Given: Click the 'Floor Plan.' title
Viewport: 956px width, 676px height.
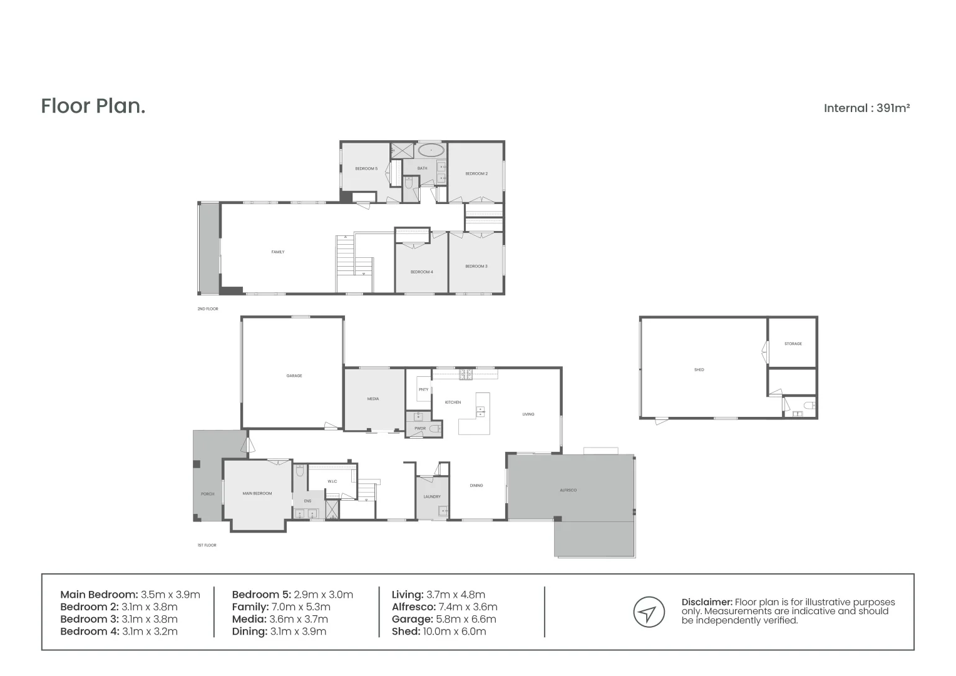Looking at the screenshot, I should pos(93,106).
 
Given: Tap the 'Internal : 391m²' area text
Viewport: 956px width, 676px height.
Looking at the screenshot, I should pos(866,108).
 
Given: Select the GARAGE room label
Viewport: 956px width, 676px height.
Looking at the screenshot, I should pos(294,376).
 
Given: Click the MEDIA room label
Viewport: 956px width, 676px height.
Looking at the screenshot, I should pos(373,399).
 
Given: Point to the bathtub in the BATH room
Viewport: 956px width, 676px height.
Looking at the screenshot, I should pos(431,151).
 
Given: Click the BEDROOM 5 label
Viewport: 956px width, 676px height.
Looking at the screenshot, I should pos(366,168).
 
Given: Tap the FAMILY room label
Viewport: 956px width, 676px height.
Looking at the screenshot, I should pos(277,252).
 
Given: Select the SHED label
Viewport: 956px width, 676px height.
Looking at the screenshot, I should pos(699,370).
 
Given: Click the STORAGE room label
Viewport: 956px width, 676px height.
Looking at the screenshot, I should pos(793,344).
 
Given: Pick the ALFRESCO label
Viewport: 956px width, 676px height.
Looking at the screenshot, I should pos(568,490).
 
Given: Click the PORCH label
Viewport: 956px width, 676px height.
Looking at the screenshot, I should pos(207,494).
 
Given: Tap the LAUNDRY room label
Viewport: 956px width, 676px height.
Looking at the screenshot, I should pos(431,496).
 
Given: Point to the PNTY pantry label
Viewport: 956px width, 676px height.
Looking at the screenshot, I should pos(423,390).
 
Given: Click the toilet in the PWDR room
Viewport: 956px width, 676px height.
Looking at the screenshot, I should pos(434,429).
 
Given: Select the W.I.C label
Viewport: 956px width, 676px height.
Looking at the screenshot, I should pos(332,481).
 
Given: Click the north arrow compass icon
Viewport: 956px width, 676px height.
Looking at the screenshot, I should pos(649,612).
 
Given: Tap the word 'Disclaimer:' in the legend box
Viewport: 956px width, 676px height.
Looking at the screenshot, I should pos(706,602).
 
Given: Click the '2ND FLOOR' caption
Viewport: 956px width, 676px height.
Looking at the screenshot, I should pos(207,309).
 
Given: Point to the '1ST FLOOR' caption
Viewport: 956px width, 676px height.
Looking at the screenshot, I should pos(207,545).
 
